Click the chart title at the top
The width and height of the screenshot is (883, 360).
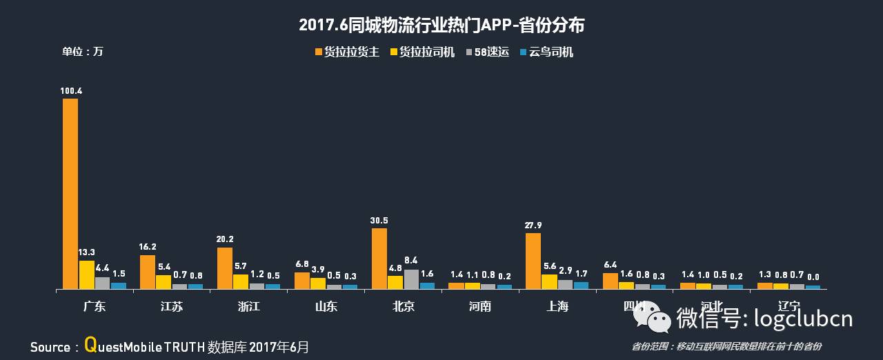pos(441,26)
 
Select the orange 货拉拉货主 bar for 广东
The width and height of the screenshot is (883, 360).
pos(70,193)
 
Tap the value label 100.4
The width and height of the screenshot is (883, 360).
pos(71,90)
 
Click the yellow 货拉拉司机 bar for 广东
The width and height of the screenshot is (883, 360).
pos(87,274)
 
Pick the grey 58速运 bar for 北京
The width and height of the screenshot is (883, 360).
pos(411,279)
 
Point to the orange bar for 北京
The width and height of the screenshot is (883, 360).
pos(379,258)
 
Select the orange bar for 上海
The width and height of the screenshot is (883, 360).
pos(533,261)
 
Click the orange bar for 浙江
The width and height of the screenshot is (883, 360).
pos(225,268)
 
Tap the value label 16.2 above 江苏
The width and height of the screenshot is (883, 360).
pos(148,247)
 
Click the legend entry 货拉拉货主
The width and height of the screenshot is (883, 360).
pos(346,52)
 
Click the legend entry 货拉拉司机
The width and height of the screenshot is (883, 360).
pos(422,52)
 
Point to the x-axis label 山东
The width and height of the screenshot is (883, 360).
pos(326,306)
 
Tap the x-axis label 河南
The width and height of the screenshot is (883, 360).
pos(479,306)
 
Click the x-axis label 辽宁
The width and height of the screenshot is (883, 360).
pos(788,306)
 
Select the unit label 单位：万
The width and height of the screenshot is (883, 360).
pos(82,52)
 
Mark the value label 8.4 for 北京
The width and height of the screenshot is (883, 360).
pos(411,261)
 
